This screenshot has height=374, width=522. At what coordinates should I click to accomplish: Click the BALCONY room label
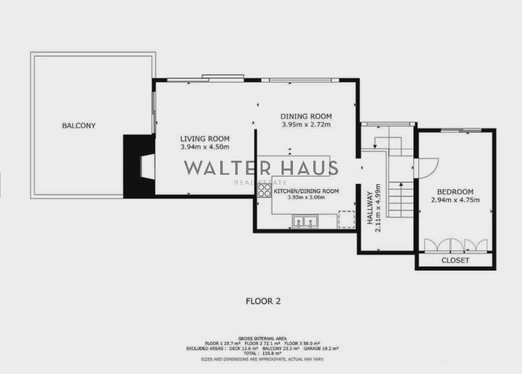[x=79, y=126]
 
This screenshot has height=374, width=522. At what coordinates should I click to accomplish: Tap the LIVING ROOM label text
[x=205, y=139]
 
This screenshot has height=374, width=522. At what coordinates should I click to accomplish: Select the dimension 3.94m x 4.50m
[x=205, y=147]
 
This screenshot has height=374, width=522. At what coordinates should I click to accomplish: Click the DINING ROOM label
[x=306, y=116]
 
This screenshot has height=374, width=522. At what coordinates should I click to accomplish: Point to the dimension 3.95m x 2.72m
[x=306, y=124]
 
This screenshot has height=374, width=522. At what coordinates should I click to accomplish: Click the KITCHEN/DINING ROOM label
[x=306, y=191]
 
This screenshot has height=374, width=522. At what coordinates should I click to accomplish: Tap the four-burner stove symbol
[x=264, y=190]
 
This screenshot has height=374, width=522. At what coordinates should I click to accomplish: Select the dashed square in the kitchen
[x=346, y=219]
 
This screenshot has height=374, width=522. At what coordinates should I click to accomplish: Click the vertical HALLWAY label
[x=370, y=208]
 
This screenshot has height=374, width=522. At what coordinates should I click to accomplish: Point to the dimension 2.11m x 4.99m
[x=378, y=208]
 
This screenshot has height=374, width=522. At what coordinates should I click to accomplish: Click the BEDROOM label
[x=455, y=192]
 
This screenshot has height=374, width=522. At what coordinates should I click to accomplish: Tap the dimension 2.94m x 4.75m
[x=455, y=200]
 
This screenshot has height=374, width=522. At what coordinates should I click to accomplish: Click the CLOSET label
[x=455, y=260]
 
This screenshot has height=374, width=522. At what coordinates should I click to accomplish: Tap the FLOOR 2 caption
[x=263, y=301]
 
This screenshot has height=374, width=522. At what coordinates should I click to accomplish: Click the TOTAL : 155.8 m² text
[x=263, y=353]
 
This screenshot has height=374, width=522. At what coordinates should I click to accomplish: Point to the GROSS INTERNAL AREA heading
[x=263, y=339]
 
